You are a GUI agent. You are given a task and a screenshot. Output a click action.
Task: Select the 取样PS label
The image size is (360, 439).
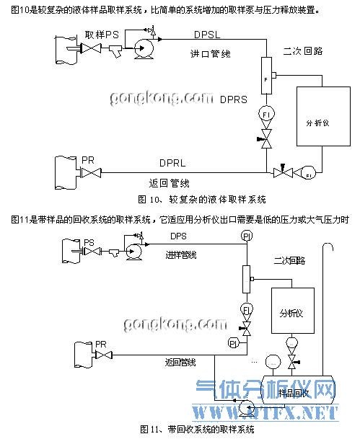pyautogui.click(x=102, y=34)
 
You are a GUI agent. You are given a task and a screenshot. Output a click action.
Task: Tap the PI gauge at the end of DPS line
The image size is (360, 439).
pyautogui.click(x=247, y=236)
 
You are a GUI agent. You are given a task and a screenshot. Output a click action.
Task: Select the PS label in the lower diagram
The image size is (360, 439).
pyautogui.click(x=89, y=242)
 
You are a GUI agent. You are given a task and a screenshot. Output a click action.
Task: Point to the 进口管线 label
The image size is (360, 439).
pyautogui.click(x=210, y=53)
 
